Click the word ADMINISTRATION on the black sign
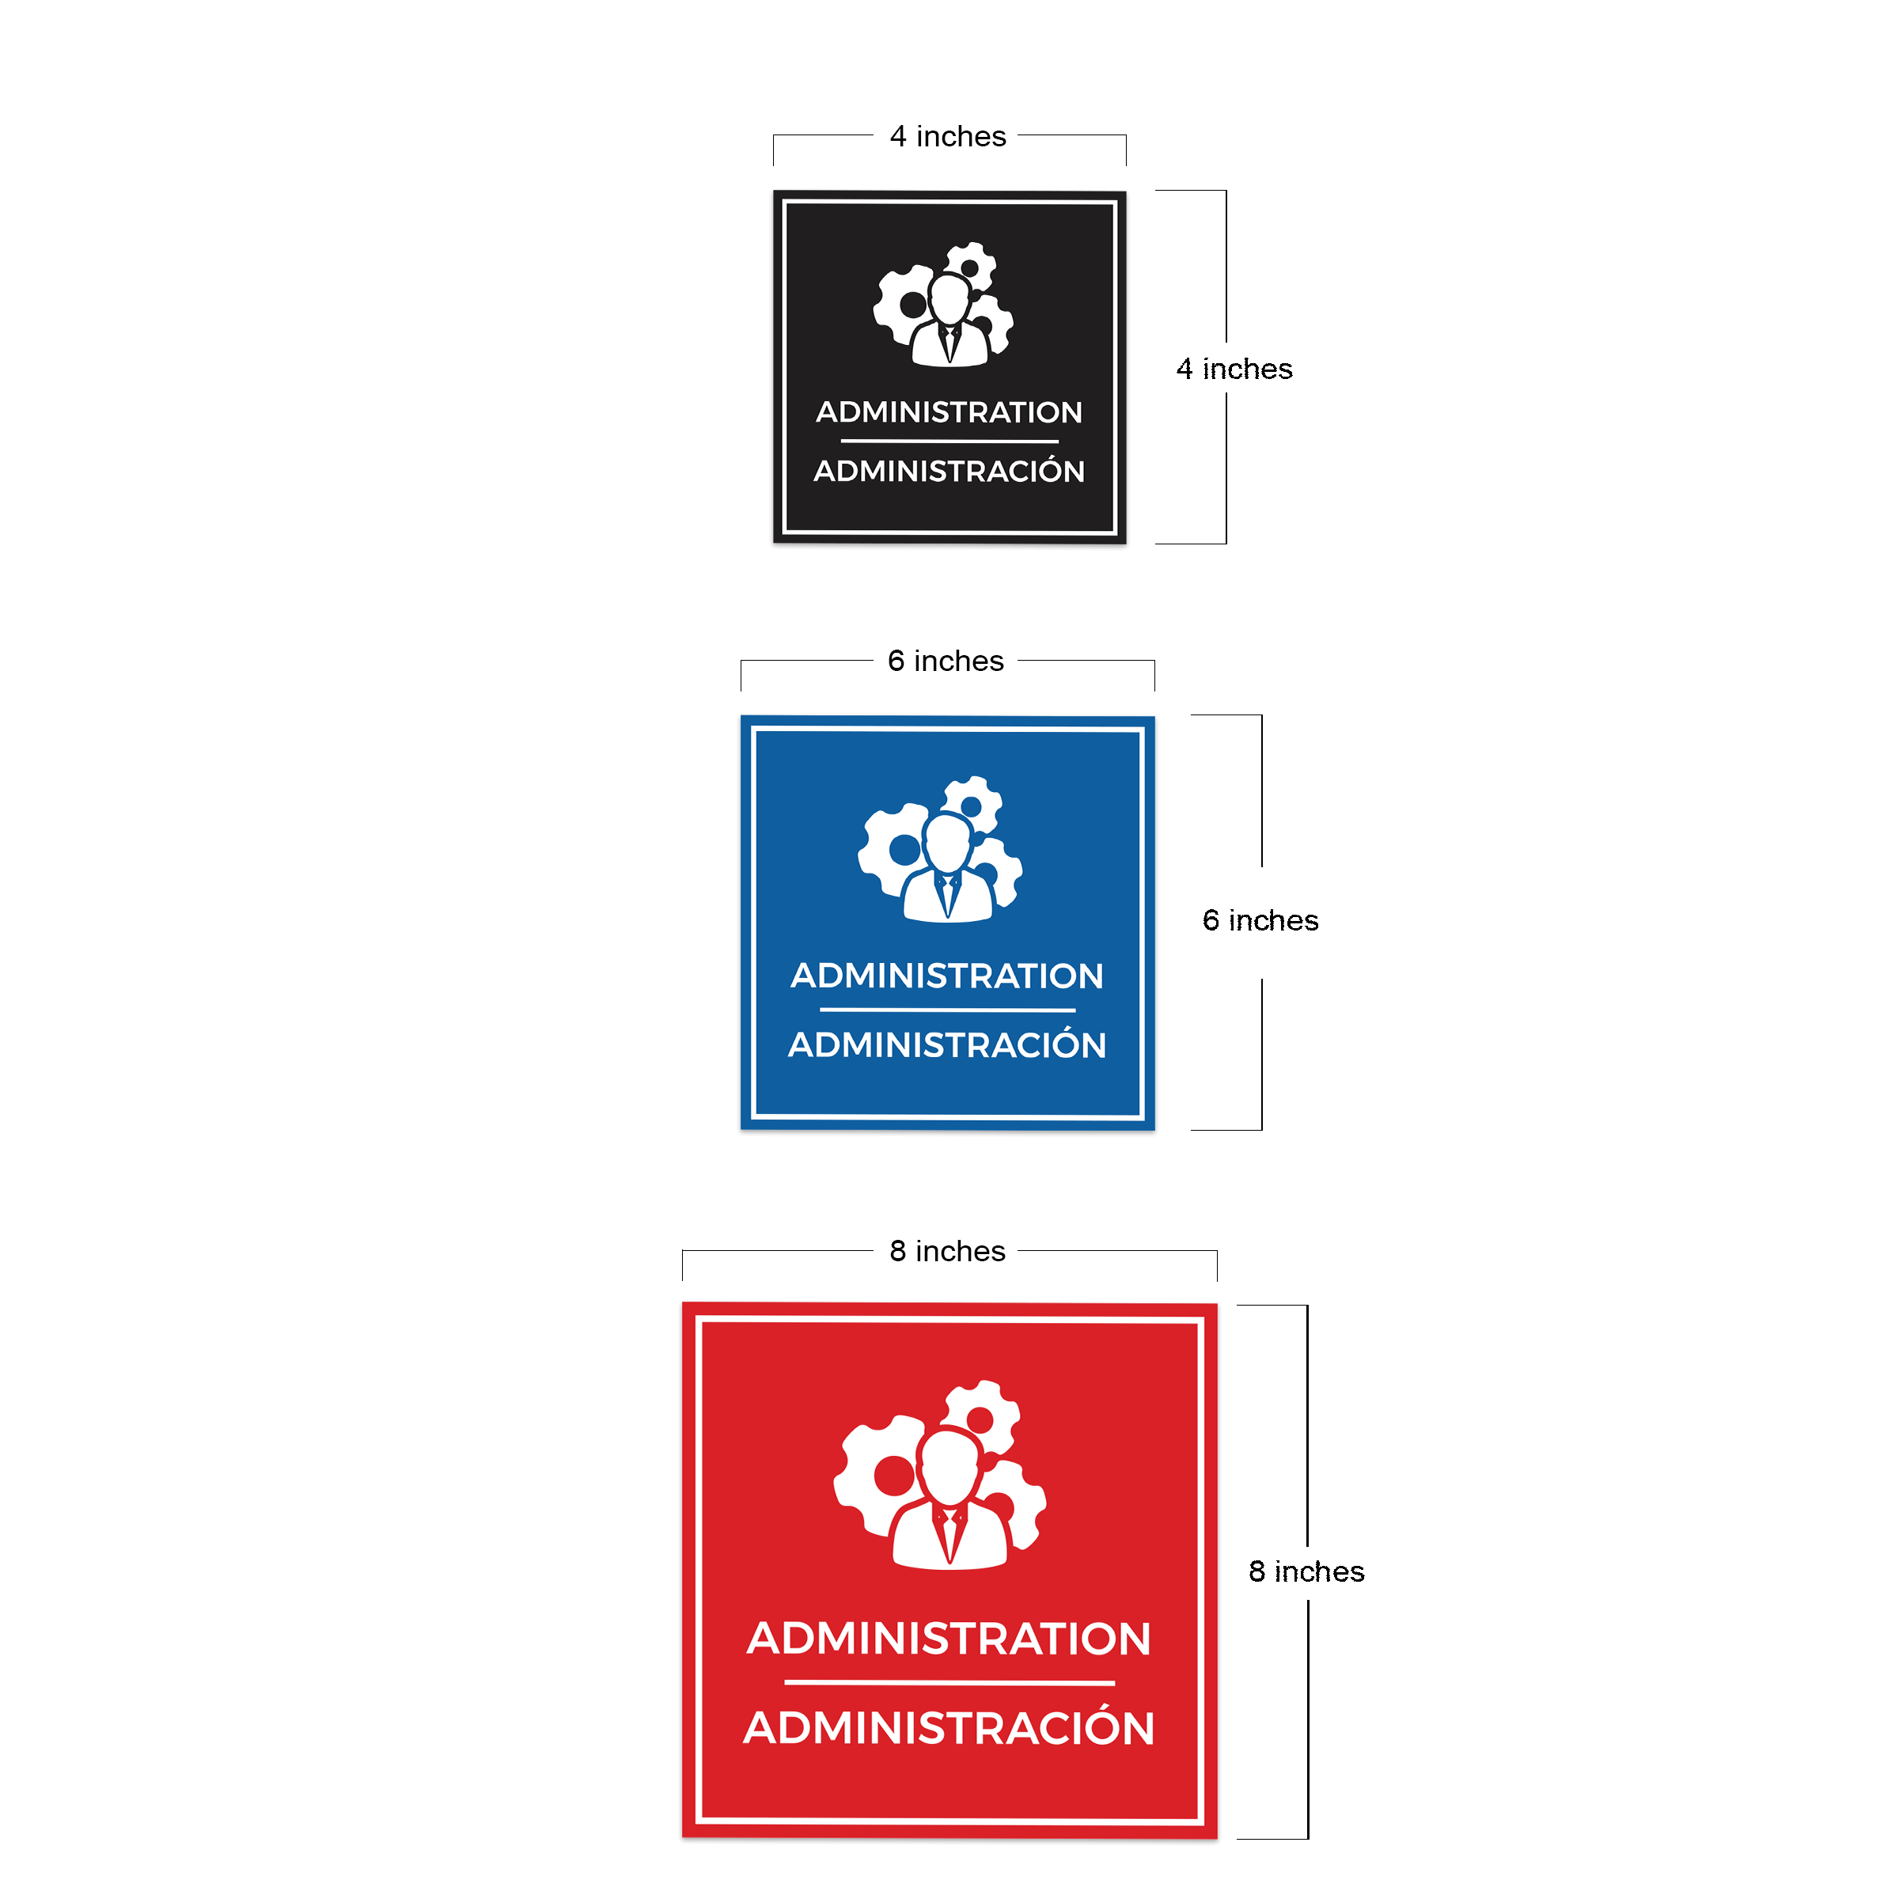949,411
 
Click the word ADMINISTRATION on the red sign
949,1639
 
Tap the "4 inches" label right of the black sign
1234,369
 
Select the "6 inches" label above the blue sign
946,661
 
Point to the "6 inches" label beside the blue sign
1260,920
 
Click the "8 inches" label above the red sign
948,1250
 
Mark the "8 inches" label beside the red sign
1306,1571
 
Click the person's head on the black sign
949,298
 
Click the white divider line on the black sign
949,442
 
